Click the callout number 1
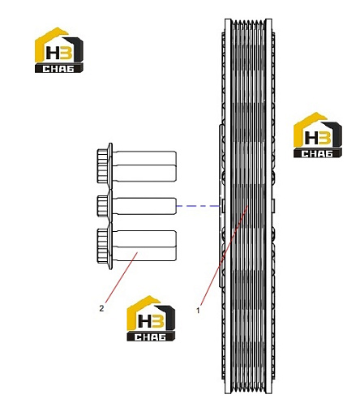pos(198,311)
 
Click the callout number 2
pos(101,308)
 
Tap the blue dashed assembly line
pos(198,206)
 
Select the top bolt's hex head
pos(102,165)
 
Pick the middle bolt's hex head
pos(102,206)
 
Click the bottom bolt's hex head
pos(102,246)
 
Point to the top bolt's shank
pos(144,166)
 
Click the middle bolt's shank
pos(144,206)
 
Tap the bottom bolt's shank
pos(144,246)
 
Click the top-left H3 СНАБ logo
pos(59,50)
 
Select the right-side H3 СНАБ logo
pos(318,135)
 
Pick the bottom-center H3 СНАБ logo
pos(151,318)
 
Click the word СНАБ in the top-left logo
pos(58,69)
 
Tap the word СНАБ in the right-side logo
pos(317,154)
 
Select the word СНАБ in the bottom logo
pos(150,337)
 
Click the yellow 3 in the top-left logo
pos(66,52)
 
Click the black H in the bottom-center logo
pos(144,320)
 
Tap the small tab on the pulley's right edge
pos(273,206)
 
